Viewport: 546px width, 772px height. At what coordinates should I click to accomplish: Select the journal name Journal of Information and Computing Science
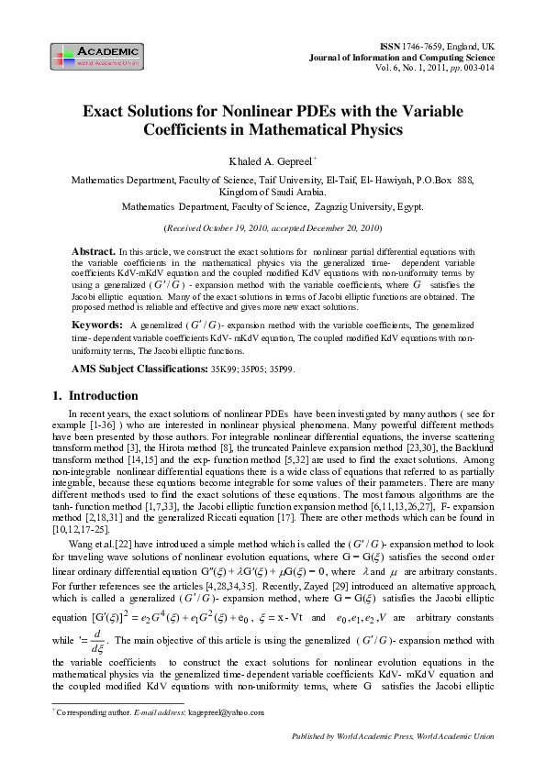click(x=419, y=56)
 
